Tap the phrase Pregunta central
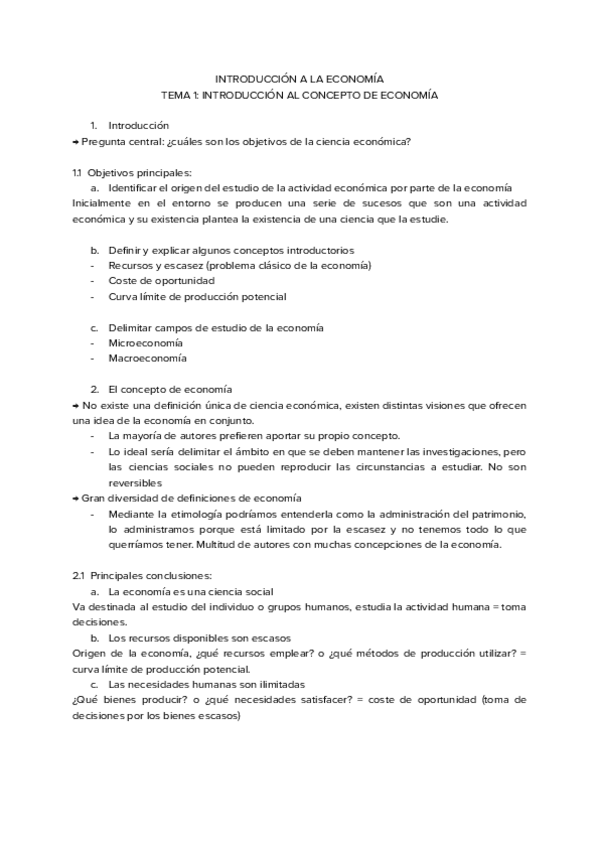pos(120,141)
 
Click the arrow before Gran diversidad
pos(75,498)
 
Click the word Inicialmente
pos(105,203)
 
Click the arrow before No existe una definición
pos(75,405)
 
